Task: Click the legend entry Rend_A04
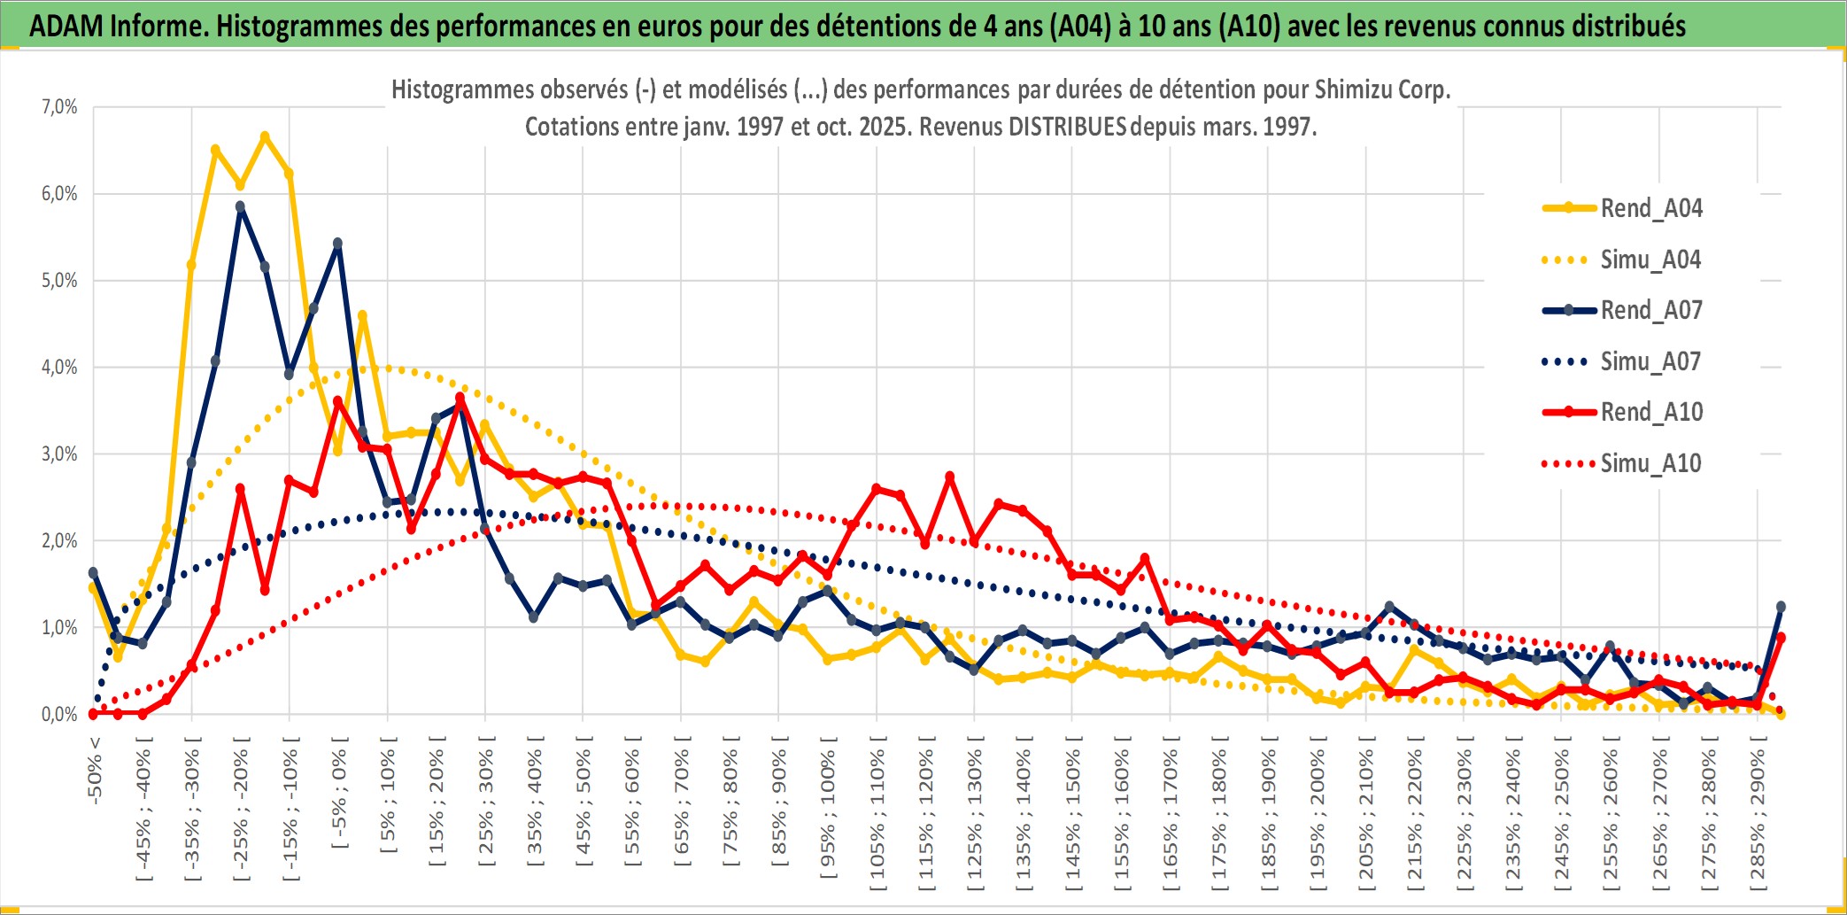[x=1650, y=208]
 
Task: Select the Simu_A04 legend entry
[x=1650, y=260]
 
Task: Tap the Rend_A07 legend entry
[x=1650, y=310]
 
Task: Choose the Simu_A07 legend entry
[x=1650, y=361]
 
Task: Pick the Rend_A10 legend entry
[x=1650, y=412]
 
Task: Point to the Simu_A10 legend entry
[x=1650, y=463]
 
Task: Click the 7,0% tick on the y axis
[x=59, y=107]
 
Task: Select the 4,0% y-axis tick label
[x=59, y=368]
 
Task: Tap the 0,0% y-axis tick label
[x=59, y=715]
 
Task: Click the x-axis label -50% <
[x=95, y=770]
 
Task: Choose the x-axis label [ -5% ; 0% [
[x=339, y=792]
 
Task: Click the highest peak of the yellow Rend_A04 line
[x=265, y=136]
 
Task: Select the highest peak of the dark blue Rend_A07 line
[x=240, y=206]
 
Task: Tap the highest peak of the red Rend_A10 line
[x=460, y=398]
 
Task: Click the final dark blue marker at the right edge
[x=1781, y=607]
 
